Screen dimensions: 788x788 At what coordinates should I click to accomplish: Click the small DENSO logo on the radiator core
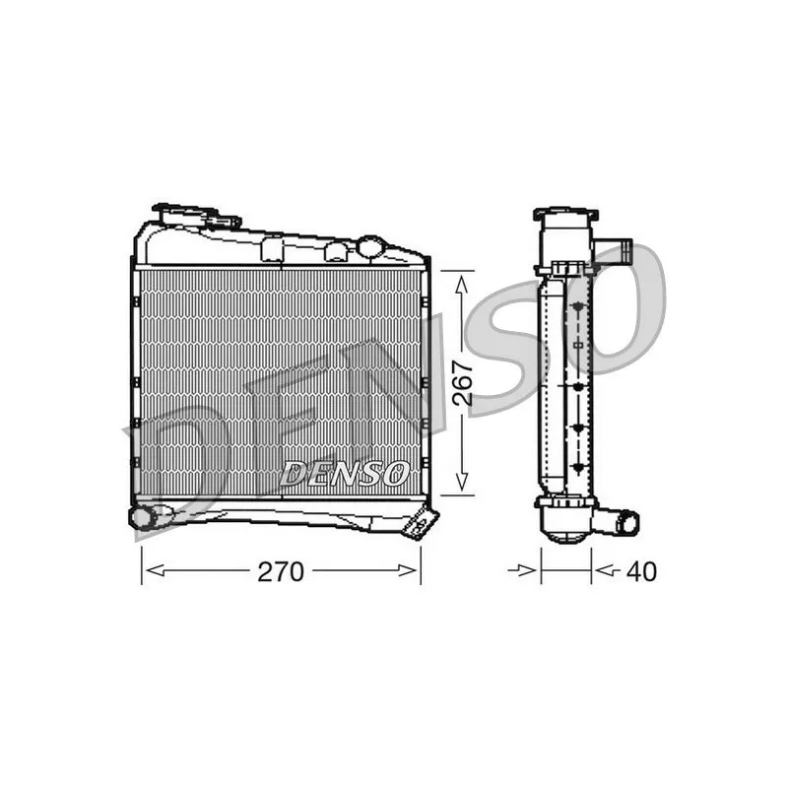(x=345, y=473)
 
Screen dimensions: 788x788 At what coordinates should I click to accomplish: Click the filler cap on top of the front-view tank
(x=197, y=213)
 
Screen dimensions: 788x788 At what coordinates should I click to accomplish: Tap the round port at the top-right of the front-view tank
(x=370, y=246)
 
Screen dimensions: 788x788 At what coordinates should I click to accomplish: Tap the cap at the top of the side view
(x=565, y=215)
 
